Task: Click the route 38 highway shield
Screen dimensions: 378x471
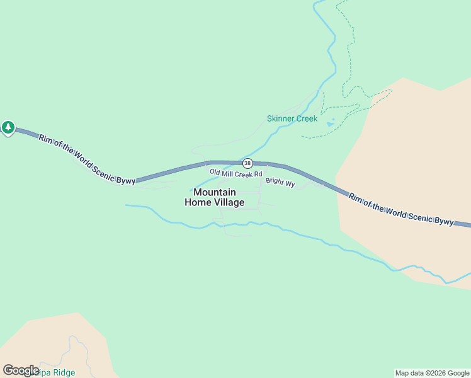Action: (247, 163)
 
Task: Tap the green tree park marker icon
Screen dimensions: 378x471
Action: (8, 127)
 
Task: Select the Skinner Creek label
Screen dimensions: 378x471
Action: (292, 118)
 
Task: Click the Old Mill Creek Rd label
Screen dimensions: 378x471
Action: (235, 173)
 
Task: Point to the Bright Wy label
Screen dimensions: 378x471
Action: (280, 182)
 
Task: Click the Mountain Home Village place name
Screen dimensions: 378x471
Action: (214, 197)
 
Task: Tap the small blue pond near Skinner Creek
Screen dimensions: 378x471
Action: (331, 123)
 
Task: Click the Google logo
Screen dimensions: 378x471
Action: (21, 370)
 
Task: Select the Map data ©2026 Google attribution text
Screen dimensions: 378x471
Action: (432, 373)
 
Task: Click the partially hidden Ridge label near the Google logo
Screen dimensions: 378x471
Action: (60, 372)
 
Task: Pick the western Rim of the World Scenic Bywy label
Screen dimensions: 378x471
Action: (86, 158)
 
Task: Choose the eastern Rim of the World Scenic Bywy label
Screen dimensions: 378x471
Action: (401, 209)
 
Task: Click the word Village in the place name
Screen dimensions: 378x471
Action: (228, 202)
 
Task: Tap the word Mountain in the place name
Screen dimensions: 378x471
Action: (215, 192)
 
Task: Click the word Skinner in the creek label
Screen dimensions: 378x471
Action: (279, 118)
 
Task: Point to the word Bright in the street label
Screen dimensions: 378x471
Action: (275, 181)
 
